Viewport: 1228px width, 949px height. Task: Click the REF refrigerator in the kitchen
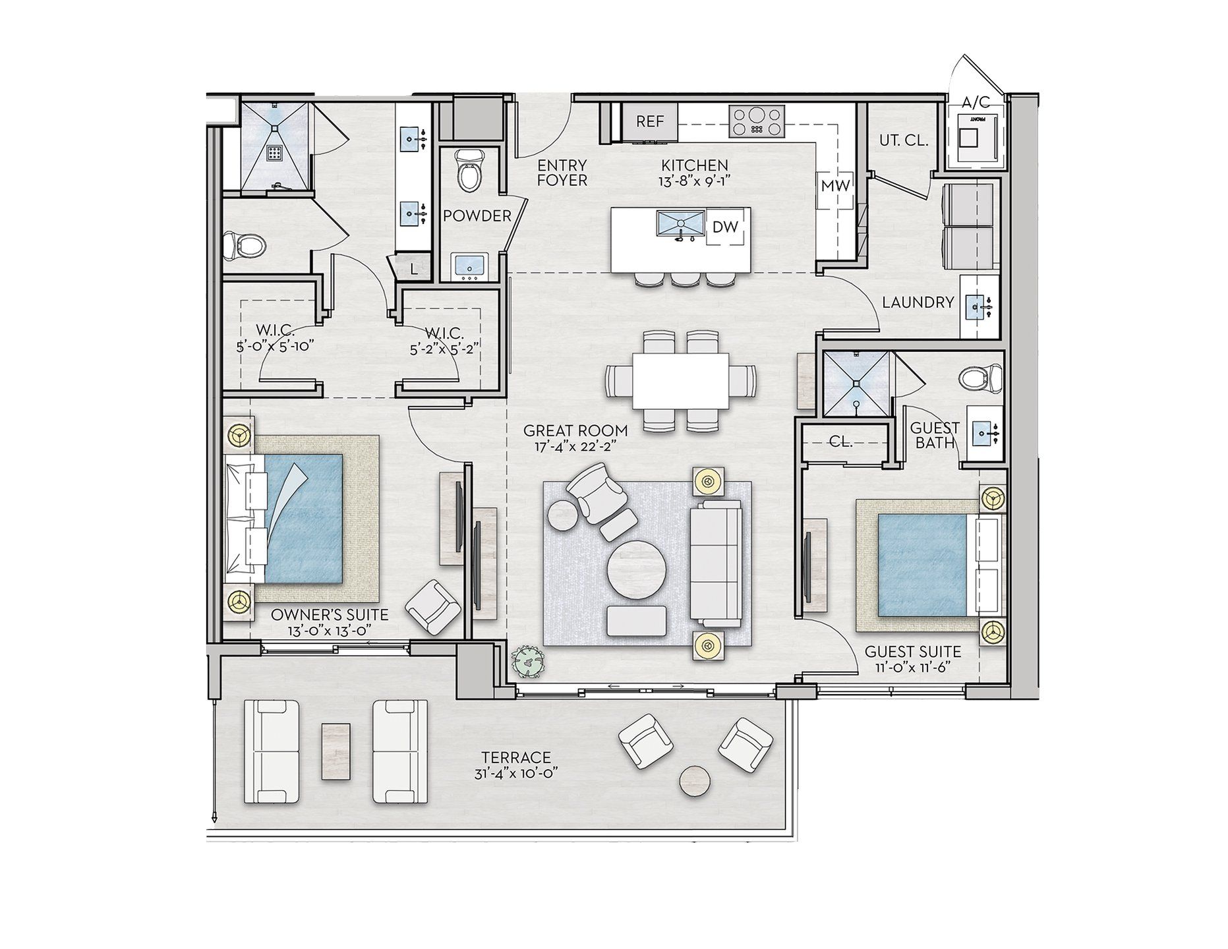pos(649,121)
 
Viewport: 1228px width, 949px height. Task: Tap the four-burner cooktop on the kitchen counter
pos(757,122)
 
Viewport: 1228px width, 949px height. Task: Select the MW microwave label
pos(835,186)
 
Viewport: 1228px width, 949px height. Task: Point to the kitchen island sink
pos(680,226)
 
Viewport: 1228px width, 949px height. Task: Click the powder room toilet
pos(469,170)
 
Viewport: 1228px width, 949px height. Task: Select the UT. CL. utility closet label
pos(904,140)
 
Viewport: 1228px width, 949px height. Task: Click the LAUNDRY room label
pos(918,302)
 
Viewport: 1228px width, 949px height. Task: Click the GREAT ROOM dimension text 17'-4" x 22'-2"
pos(575,447)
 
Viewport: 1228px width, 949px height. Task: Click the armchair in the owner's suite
pos(432,606)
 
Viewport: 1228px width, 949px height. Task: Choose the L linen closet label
pos(413,269)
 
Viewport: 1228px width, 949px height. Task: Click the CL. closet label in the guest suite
pos(840,442)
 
